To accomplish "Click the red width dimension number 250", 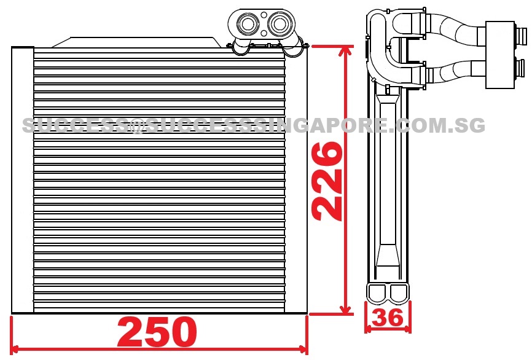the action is (x=157, y=332).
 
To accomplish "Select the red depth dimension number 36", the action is (x=388, y=317).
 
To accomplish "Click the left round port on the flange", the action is (x=248, y=24).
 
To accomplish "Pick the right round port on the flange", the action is (x=280, y=24).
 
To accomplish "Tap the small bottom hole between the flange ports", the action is (x=264, y=33).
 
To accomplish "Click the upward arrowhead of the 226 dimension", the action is (x=345, y=52).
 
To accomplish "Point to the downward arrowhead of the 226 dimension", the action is (x=345, y=307).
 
